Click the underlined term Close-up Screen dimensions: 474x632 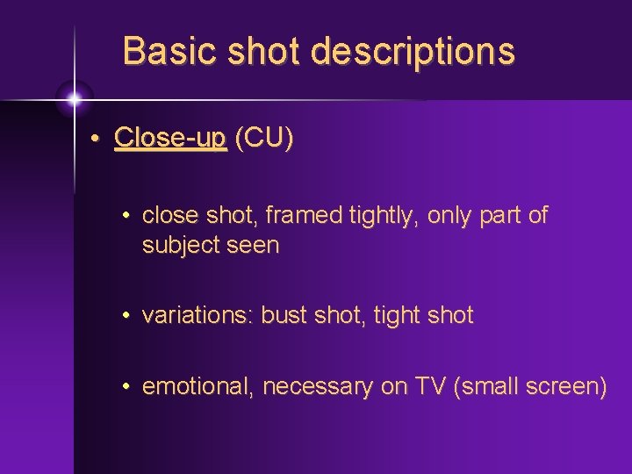pos(170,139)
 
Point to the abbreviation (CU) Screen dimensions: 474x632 pos(264,139)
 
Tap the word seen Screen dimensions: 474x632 pos(254,245)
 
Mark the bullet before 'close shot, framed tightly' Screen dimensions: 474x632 pos(127,216)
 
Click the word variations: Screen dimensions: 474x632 pos(197,315)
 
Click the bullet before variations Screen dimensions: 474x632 pos(127,316)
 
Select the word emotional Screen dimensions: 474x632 pos(197,386)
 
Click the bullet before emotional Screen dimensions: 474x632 pos(127,387)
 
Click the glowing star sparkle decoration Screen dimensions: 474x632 pos(74,98)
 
